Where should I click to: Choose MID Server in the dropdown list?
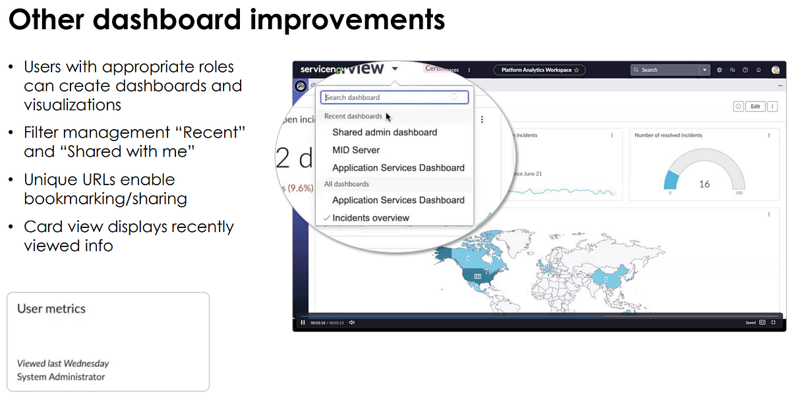click(x=356, y=150)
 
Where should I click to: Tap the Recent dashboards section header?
click(x=353, y=116)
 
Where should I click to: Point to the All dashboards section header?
click(x=346, y=184)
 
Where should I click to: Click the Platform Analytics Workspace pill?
click(x=539, y=70)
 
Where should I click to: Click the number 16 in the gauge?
click(x=704, y=184)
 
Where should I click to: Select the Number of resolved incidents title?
click(x=668, y=135)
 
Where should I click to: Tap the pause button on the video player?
click(x=303, y=322)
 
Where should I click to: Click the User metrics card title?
click(x=51, y=308)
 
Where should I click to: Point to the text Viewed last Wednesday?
click(x=63, y=363)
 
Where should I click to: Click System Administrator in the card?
click(x=61, y=377)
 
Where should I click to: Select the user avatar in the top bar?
click(x=776, y=70)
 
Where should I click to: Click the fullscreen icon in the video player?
click(x=773, y=322)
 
